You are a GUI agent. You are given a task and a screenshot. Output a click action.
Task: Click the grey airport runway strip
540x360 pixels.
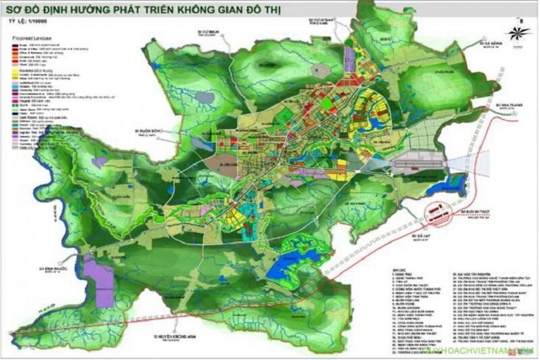(416, 163)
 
